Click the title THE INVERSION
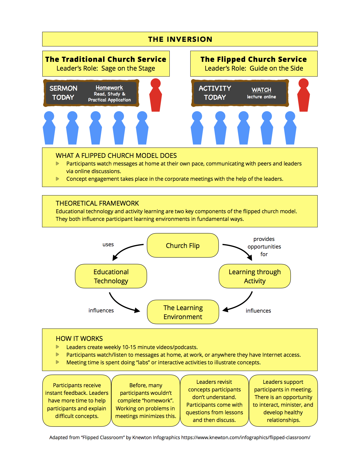(x=180, y=39)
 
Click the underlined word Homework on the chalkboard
(x=109, y=88)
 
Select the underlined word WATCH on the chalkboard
(x=261, y=90)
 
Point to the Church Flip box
(x=183, y=245)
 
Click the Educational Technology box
(x=111, y=276)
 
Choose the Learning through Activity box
(x=254, y=276)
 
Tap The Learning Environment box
(x=183, y=312)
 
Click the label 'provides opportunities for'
(x=264, y=247)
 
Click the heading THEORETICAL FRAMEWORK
(x=97, y=203)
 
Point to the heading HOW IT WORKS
(x=79, y=339)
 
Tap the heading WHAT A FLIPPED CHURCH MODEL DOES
(x=116, y=156)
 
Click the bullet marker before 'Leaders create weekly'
(x=58, y=347)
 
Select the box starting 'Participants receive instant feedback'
(x=77, y=400)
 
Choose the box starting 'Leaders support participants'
(x=283, y=400)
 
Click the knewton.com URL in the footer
(x=246, y=437)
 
